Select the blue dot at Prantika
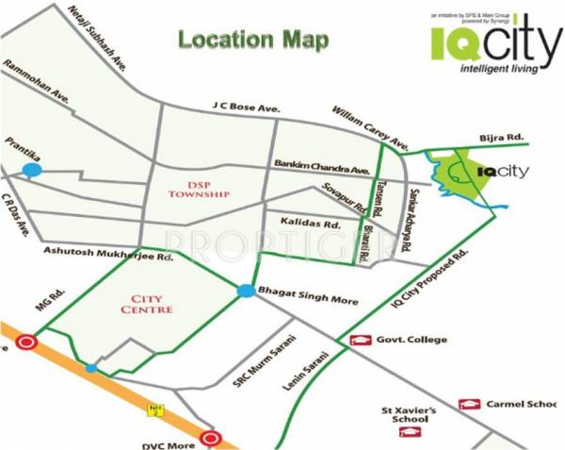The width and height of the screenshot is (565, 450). [32, 170]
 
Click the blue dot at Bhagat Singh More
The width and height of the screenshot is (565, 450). [246, 291]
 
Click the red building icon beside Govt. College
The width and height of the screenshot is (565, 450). [359, 340]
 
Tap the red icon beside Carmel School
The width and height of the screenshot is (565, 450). [469, 404]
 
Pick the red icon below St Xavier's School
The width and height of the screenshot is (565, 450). [408, 434]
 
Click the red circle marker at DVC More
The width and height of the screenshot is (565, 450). [211, 439]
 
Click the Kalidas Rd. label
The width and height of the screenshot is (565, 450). [311, 225]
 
